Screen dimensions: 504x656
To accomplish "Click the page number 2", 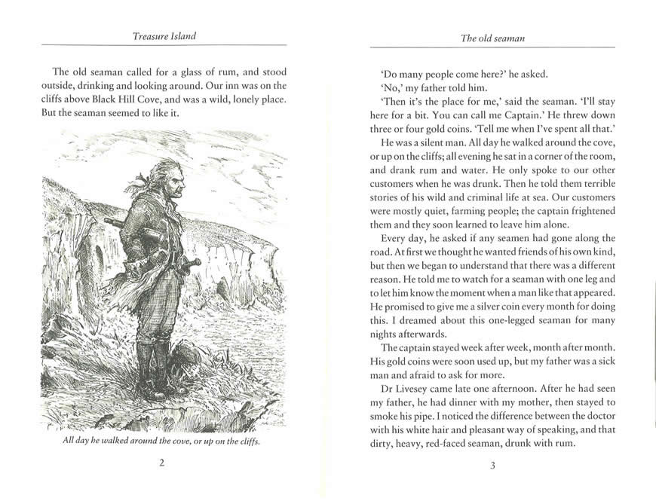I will pos(162,463).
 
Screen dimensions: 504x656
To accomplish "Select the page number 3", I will pos(492,465).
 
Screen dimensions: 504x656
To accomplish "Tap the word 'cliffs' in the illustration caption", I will pos(246,441).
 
